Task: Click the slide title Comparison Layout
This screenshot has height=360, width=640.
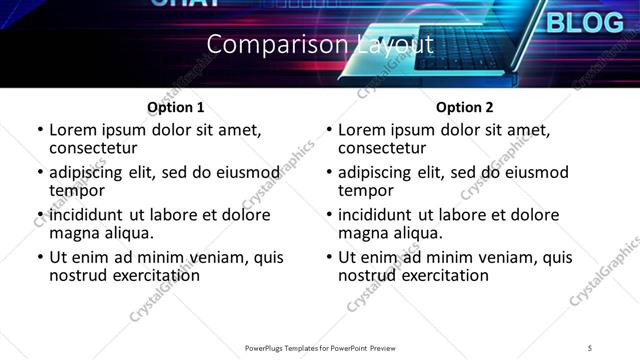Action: (x=320, y=45)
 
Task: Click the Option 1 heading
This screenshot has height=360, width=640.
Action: (x=176, y=107)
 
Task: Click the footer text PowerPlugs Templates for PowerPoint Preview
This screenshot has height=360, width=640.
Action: (x=320, y=348)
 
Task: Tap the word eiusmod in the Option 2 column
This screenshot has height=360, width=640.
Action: (x=534, y=172)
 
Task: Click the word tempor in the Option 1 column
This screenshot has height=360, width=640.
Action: (x=75, y=190)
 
